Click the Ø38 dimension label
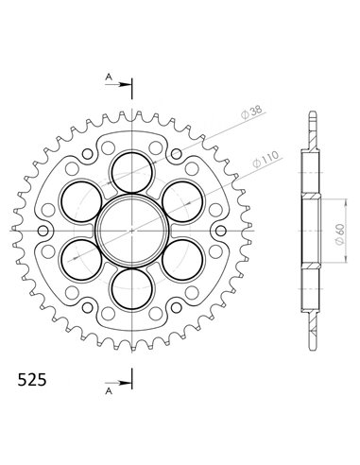pos(251,113)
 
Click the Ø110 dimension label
pos(266,160)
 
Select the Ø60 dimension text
pos(339,235)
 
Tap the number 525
pos(32,380)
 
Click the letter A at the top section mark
pos(109,77)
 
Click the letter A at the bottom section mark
pos(109,391)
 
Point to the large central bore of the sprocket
pos(132,231)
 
